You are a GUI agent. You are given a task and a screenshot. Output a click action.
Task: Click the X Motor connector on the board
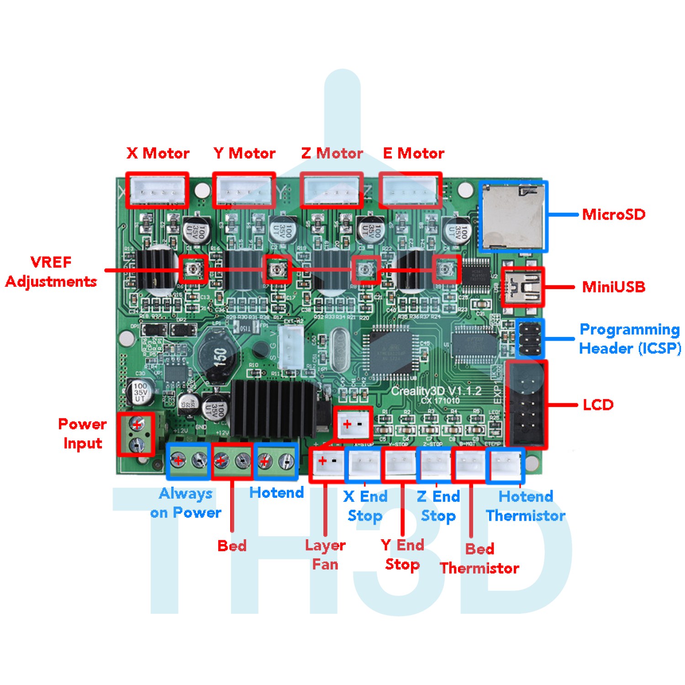[157, 190]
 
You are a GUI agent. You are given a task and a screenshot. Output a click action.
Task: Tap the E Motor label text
[413, 153]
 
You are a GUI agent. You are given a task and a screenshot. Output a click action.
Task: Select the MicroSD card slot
[513, 217]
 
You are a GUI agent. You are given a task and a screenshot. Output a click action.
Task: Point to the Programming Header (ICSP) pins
[530, 339]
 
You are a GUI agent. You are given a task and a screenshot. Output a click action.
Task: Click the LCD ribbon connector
[527, 405]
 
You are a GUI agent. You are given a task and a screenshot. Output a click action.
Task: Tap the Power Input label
[83, 433]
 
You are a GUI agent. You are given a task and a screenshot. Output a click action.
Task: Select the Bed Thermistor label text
[479, 558]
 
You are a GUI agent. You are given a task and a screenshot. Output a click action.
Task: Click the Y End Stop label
[402, 554]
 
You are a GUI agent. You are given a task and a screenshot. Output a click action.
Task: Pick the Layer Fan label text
[325, 554]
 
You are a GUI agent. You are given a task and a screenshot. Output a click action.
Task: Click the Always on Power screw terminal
[189, 461]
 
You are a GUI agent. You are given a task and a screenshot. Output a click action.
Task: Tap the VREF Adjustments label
[51, 272]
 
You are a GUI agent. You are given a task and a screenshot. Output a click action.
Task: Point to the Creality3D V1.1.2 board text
[436, 391]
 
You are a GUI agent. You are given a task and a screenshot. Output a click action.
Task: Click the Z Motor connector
[332, 190]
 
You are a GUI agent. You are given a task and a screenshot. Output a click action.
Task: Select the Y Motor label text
[244, 153]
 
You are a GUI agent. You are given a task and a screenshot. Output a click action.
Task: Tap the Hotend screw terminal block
[276, 461]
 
